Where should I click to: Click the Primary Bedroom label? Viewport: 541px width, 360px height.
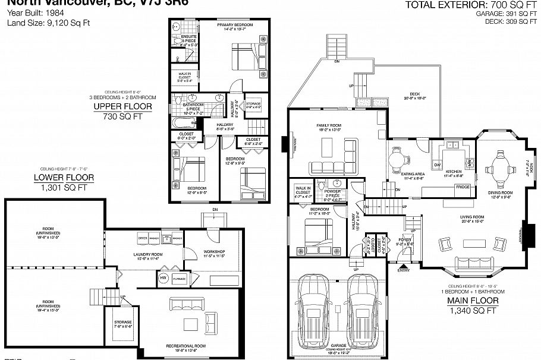tap(235, 24)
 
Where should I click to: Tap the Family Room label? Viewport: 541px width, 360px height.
tap(328, 126)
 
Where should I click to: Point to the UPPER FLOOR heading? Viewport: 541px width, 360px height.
tap(122, 107)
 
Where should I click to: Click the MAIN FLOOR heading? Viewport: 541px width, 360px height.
tap(473, 301)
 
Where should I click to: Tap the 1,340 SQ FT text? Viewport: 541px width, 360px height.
tap(473, 311)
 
